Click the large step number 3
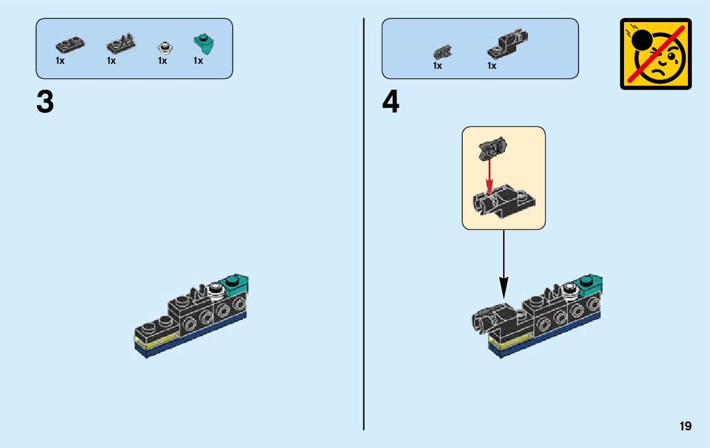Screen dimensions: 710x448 coord(45,102)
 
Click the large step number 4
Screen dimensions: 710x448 coord(391,102)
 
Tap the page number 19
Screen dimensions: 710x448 coord(685,427)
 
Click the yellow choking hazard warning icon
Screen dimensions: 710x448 coord(656,54)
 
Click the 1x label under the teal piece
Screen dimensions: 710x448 coord(199,61)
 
